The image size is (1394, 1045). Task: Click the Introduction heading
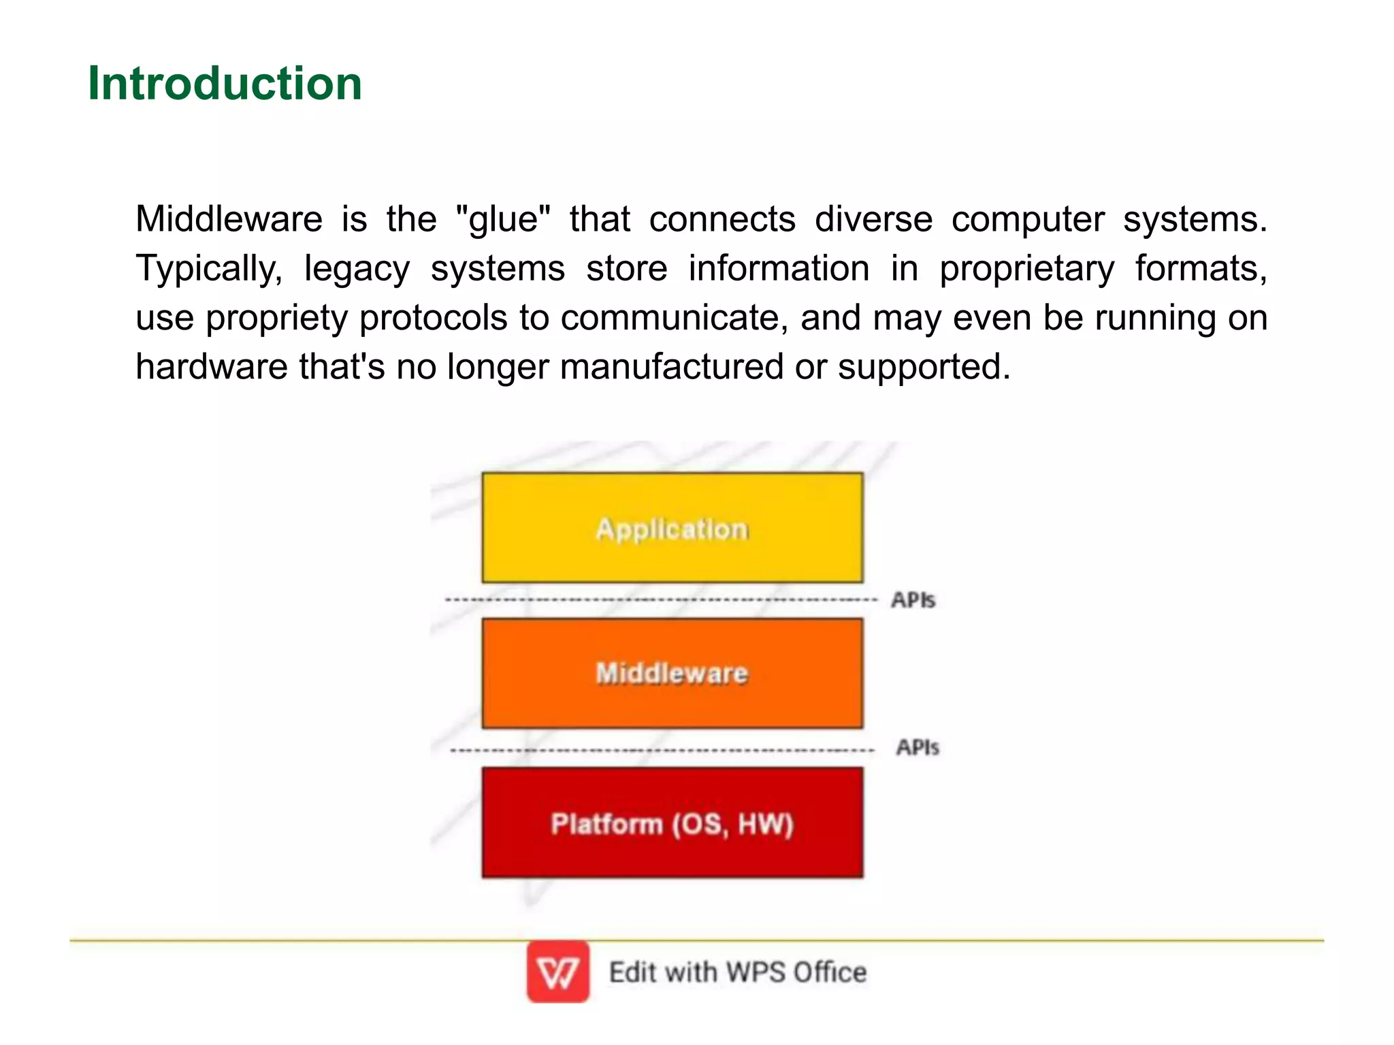click(225, 83)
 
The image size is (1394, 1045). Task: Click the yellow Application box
click(672, 528)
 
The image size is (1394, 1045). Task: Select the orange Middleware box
click(672, 673)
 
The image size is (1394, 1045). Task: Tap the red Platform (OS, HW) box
click(672, 823)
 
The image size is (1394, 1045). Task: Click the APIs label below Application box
click(913, 600)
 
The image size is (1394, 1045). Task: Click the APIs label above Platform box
click(917, 747)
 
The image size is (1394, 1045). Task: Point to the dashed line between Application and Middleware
click(660, 600)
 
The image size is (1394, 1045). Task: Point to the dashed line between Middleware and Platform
click(660, 750)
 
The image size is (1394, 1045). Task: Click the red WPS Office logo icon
click(557, 971)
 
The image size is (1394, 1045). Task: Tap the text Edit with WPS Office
click(737, 972)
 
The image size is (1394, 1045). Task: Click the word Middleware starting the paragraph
click(229, 219)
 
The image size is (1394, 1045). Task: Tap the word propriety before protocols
click(276, 319)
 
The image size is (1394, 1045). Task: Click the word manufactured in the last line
click(671, 367)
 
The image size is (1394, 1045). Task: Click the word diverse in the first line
click(873, 219)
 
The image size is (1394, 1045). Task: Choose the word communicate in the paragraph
click(674, 318)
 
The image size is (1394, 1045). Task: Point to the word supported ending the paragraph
click(923, 368)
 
